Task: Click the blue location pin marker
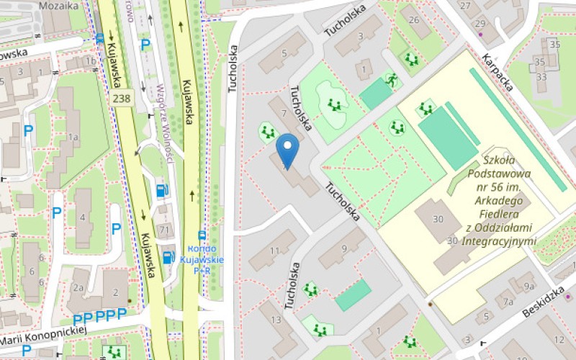[x=288, y=150]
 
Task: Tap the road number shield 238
[x=122, y=97]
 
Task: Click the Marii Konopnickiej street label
[x=43, y=334]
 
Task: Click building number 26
[x=414, y=19]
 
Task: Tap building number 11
[x=274, y=250]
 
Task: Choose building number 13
[x=276, y=319]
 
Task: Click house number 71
[x=166, y=230]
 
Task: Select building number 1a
[x=72, y=137]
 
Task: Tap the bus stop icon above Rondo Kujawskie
[x=202, y=235]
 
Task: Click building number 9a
[x=529, y=287]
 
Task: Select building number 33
[x=541, y=76]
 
